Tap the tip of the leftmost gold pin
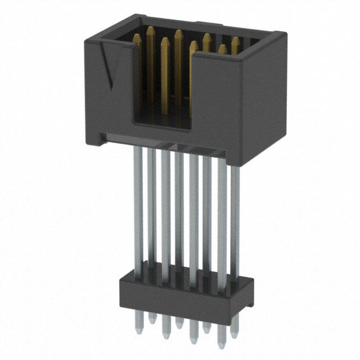pyautogui.click(x=136, y=37)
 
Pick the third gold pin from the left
pyautogui.click(x=165, y=62)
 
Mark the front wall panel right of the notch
pyautogui.click(x=217, y=96)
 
